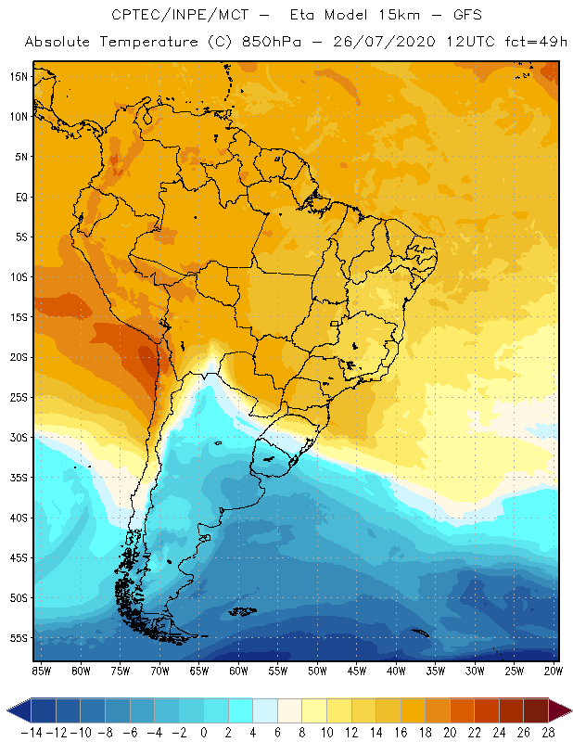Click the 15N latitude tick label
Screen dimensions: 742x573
[18, 76]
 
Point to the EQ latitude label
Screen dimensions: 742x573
[19, 197]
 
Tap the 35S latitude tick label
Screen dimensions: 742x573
[18, 478]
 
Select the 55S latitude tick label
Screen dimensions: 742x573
[18, 638]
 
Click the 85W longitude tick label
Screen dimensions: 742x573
[41, 672]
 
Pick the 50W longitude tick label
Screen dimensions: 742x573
[317, 672]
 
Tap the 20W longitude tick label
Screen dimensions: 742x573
[554, 672]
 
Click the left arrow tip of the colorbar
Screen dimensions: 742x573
[8, 710]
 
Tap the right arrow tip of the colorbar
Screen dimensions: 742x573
[566, 710]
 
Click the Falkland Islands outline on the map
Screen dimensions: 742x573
[243, 610]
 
